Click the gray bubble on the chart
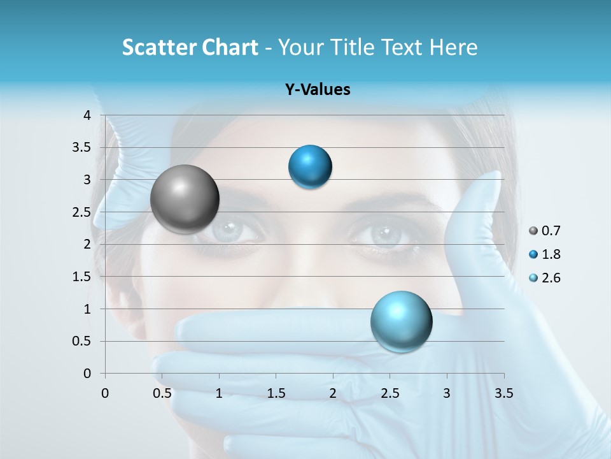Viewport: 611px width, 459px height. (x=185, y=199)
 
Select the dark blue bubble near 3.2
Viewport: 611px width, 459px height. (x=310, y=167)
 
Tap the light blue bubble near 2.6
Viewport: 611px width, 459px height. (x=401, y=321)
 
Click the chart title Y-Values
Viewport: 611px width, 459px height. (x=317, y=90)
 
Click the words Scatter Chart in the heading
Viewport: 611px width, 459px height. (x=190, y=47)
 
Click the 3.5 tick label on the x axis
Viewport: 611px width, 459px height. (x=503, y=393)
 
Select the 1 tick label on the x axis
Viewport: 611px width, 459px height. (x=219, y=393)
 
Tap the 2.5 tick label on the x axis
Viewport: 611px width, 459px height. (x=390, y=393)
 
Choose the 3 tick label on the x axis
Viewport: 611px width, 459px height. (x=447, y=393)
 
